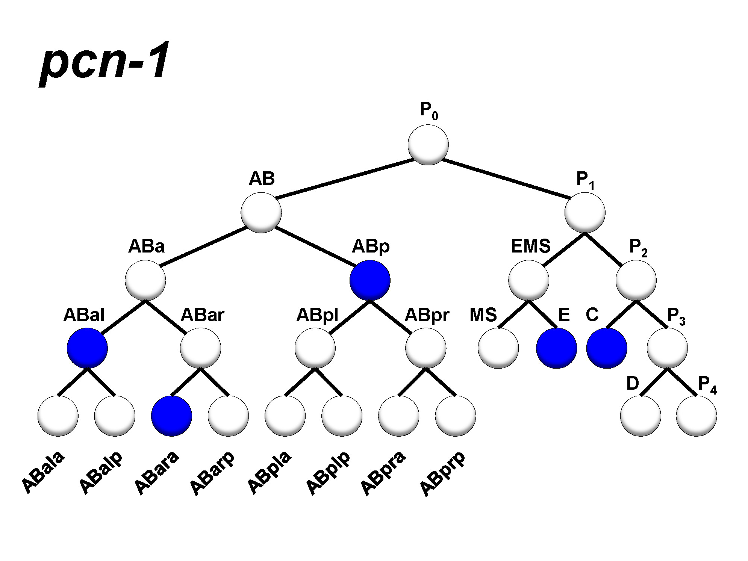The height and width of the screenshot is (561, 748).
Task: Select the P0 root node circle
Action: pyautogui.click(x=428, y=145)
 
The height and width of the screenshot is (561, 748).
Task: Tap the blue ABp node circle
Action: pyautogui.click(x=370, y=280)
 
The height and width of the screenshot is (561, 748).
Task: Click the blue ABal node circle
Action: pyautogui.click(x=87, y=348)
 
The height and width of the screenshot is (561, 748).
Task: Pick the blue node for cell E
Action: pyautogui.click(x=556, y=348)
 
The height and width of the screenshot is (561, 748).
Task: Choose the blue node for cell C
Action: pyautogui.click(x=607, y=348)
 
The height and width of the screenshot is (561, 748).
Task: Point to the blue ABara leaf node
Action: pyautogui.click(x=171, y=416)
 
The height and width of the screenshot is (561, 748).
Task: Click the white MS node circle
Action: pyautogui.click(x=498, y=348)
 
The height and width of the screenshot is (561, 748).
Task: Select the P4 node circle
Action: pyautogui.click(x=696, y=416)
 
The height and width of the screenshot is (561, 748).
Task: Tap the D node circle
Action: pyautogui.click(x=640, y=416)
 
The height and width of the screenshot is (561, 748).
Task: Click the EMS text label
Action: pyautogui.click(x=530, y=246)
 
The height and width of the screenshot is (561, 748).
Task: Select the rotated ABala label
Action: pyautogui.click(x=43, y=472)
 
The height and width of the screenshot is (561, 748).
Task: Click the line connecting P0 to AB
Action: pyautogui.click(x=345, y=178)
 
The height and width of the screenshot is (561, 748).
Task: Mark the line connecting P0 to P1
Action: pyautogui.click(x=506, y=178)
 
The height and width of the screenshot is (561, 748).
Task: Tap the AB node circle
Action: pyautogui.click(x=261, y=213)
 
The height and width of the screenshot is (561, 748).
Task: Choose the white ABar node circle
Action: pyautogui.click(x=200, y=348)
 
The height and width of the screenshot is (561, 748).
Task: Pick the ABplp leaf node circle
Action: pyautogui.click(x=342, y=416)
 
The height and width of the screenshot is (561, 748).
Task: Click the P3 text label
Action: pyautogui.click(x=676, y=316)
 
